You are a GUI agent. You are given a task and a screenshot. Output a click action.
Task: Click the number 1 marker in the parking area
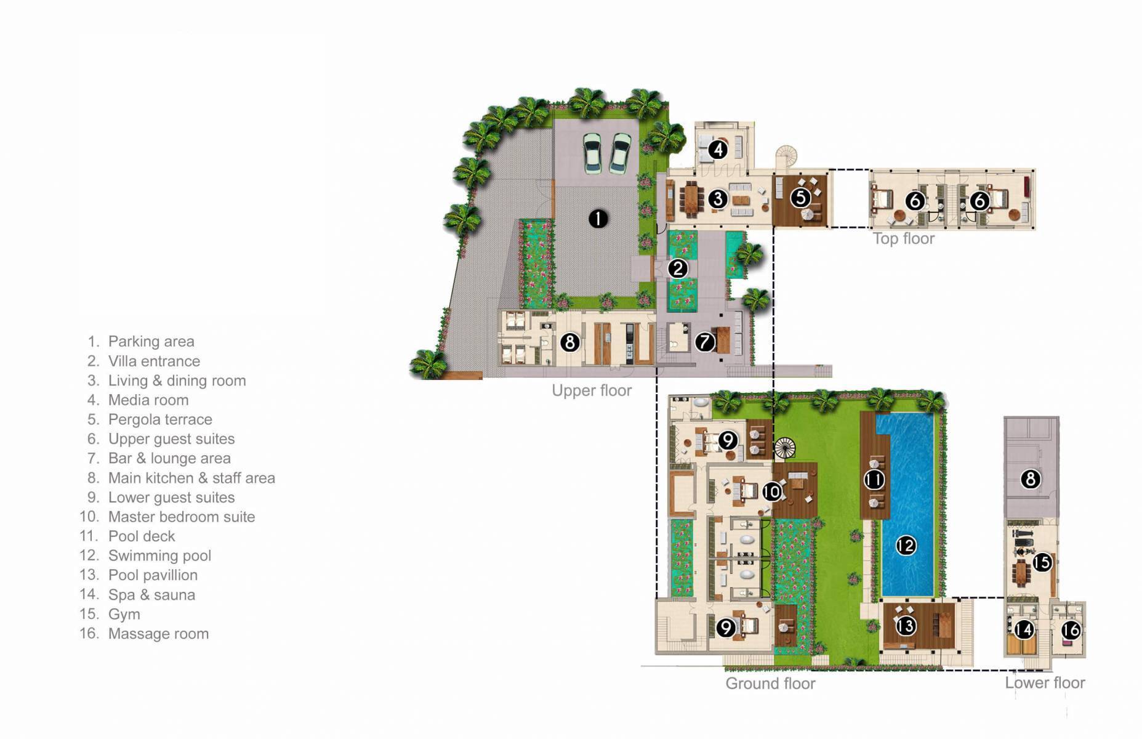598,218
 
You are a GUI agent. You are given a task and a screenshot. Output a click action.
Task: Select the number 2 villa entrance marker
678,269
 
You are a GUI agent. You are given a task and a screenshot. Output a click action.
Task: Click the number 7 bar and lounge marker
705,342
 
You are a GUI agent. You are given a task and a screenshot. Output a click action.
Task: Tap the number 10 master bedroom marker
771,491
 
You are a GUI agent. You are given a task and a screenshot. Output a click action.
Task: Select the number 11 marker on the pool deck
874,480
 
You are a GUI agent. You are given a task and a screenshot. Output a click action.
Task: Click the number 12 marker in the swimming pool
906,545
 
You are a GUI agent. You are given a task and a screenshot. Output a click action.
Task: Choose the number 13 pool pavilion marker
906,626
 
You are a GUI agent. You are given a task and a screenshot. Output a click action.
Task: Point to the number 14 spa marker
1024,629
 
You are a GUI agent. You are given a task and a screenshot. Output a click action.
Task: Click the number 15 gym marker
1042,562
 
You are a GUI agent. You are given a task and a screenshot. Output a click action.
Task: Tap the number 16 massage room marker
1071,629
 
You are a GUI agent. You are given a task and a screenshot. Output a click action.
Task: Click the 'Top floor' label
903,239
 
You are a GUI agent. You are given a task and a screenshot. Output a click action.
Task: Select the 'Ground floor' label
770,684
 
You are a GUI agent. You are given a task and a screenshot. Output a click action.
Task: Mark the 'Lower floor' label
1045,683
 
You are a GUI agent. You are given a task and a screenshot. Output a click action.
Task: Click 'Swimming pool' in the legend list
159,555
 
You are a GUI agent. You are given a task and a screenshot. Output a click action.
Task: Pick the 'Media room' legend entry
148,400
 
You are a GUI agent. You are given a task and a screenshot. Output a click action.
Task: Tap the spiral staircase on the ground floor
785,447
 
